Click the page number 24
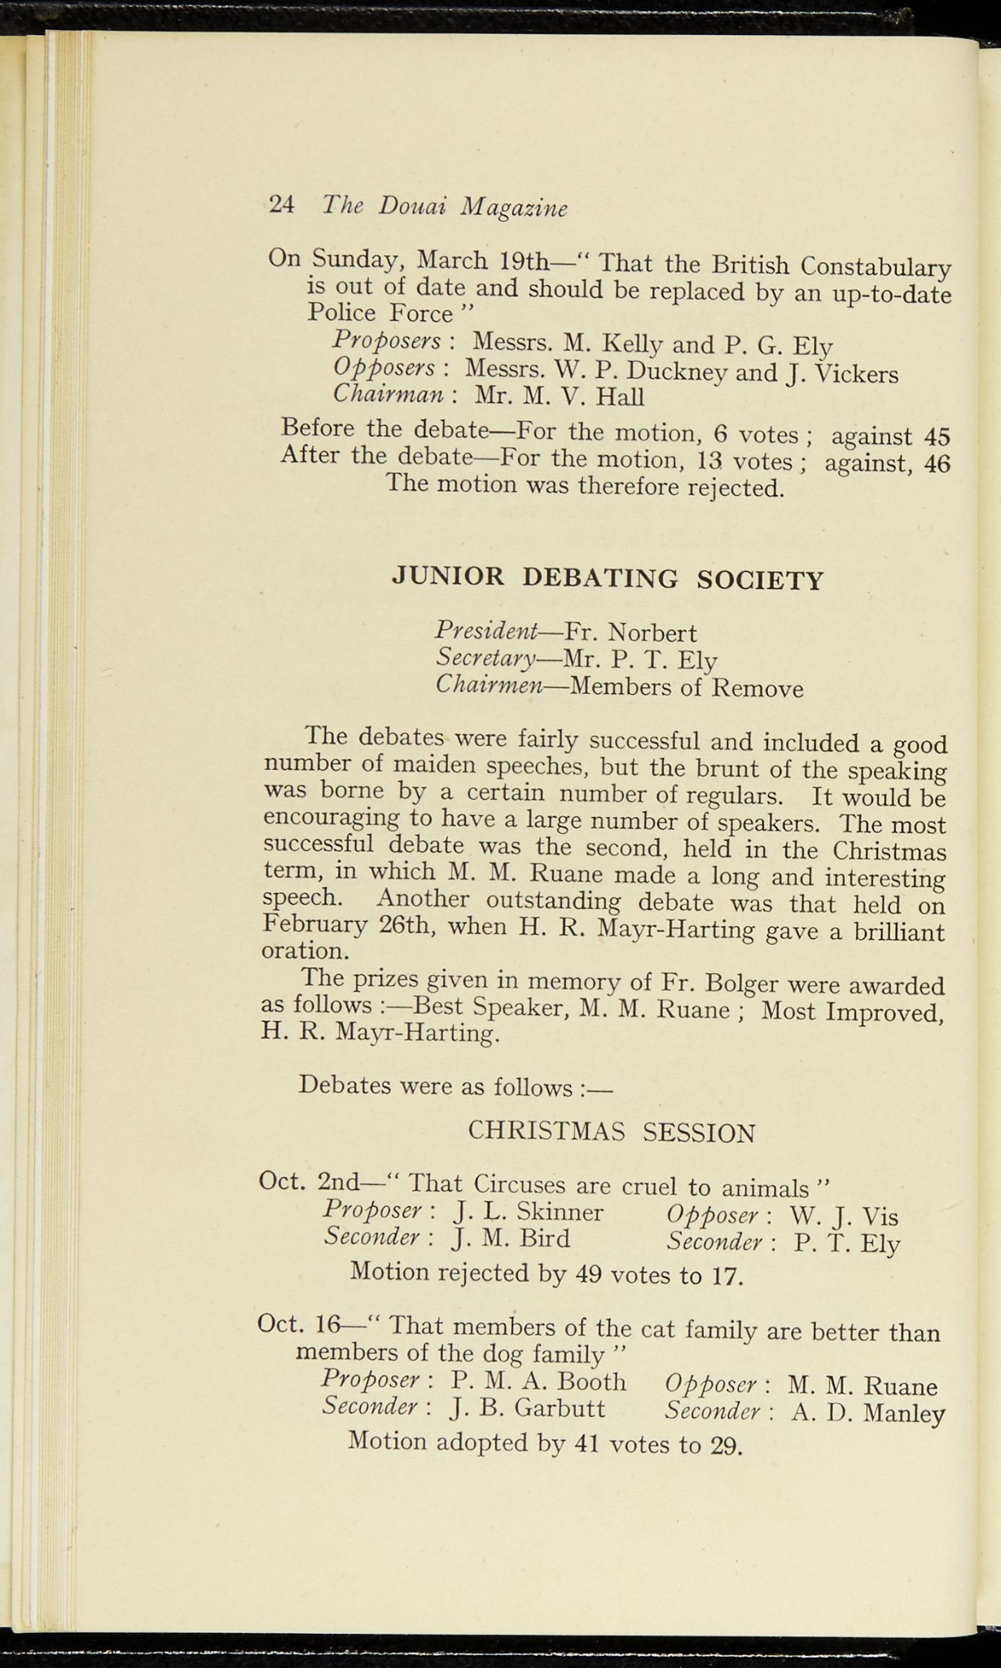click(281, 204)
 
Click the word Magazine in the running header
click(514, 208)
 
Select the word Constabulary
click(876, 267)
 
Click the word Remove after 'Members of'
click(757, 689)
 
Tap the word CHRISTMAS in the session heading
click(547, 1132)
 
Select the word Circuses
click(520, 1183)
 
